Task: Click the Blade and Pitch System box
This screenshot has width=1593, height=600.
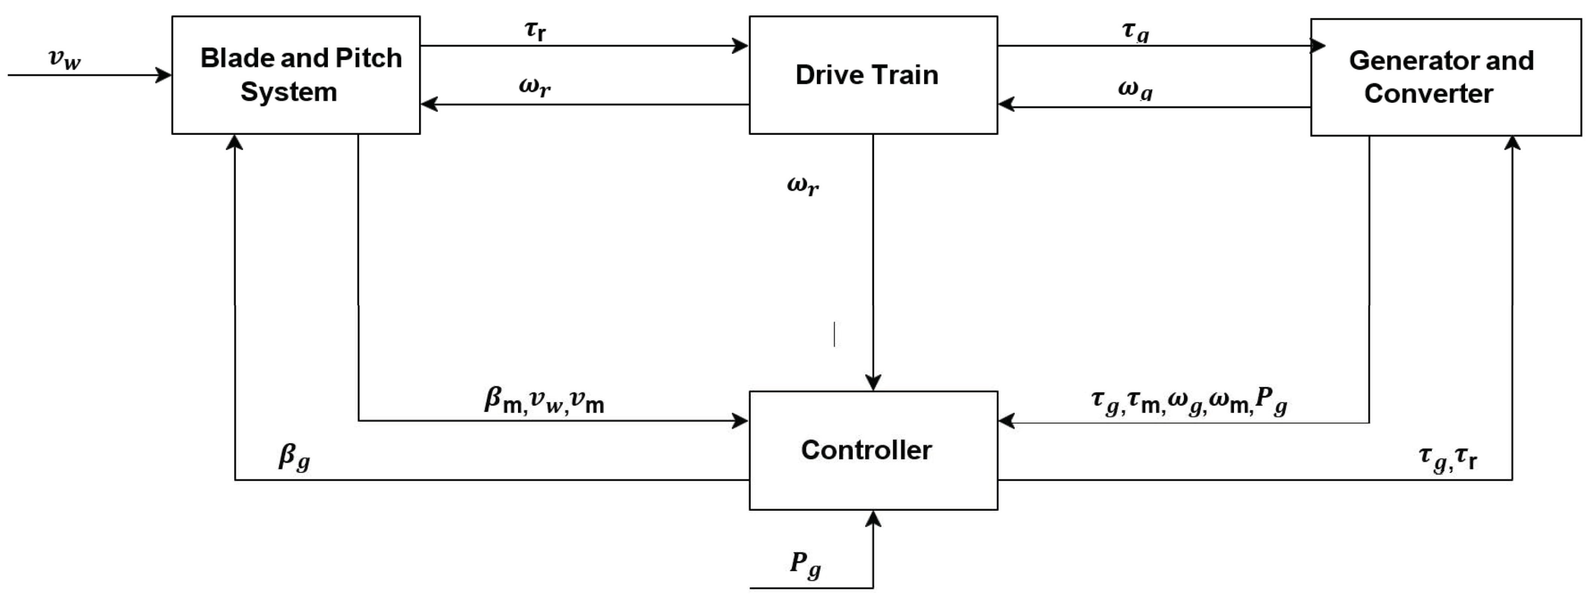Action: (296, 75)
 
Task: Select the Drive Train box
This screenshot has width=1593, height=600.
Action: (873, 75)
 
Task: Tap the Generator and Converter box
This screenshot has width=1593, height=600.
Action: (1445, 77)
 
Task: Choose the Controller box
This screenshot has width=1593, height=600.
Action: (873, 450)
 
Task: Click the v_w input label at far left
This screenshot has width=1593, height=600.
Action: (64, 59)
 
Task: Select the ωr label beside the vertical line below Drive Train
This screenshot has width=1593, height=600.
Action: (802, 185)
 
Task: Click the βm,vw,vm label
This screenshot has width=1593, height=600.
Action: (543, 401)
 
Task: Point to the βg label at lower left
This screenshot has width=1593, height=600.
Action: (294, 457)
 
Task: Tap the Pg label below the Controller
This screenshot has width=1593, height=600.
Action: (805, 564)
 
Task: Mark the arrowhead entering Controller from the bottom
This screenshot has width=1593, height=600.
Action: (873, 518)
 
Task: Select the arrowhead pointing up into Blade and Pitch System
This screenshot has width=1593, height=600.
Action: (234, 142)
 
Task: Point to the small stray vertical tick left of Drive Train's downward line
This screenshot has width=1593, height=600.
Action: (834, 334)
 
